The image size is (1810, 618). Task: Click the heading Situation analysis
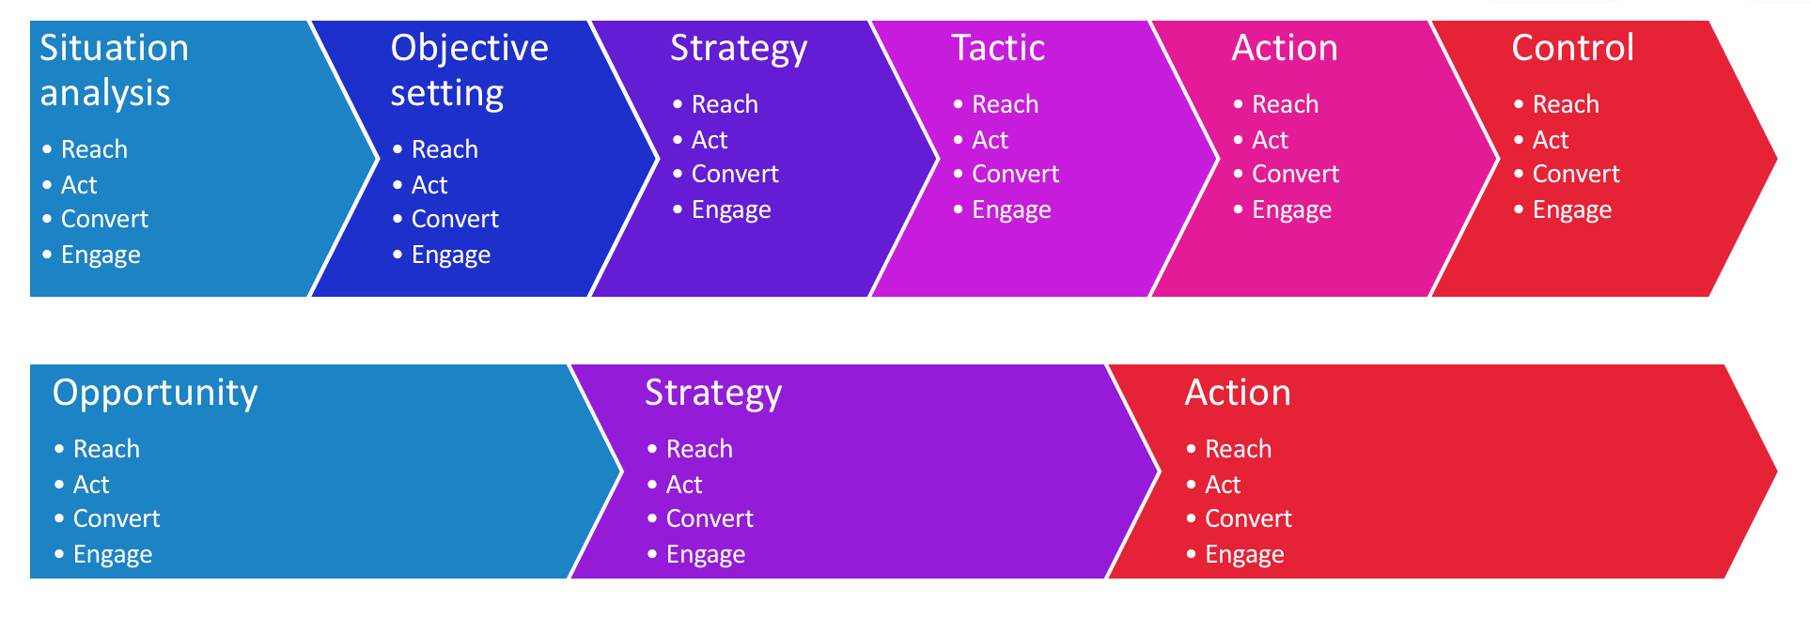(x=114, y=70)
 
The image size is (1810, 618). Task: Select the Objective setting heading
(x=469, y=70)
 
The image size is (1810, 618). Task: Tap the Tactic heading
(x=997, y=48)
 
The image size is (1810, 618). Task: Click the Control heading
(x=1572, y=48)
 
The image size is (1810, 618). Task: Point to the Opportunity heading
(x=155, y=393)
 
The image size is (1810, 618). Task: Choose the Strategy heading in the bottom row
(x=712, y=393)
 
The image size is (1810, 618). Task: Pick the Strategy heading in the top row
(x=738, y=48)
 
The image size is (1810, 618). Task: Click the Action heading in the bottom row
(x=1238, y=393)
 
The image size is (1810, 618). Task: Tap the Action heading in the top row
(x=1285, y=48)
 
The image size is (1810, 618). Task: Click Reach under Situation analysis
(x=94, y=149)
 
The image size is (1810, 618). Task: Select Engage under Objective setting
(x=450, y=255)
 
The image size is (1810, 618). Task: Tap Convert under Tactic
(x=1015, y=174)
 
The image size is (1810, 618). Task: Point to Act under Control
(x=1551, y=140)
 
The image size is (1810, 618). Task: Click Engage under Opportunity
(x=113, y=554)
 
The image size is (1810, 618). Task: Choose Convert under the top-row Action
(x=1295, y=174)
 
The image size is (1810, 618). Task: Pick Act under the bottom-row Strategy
(x=684, y=485)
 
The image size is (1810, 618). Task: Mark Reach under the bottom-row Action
(x=1238, y=449)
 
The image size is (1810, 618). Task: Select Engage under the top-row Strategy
(x=731, y=209)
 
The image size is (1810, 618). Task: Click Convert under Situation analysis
(x=104, y=219)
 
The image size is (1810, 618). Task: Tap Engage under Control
(x=1571, y=209)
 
